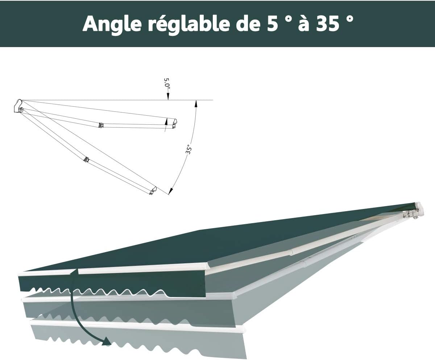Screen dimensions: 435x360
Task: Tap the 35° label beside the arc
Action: [188, 149]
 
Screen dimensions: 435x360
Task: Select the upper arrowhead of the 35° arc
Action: [196, 104]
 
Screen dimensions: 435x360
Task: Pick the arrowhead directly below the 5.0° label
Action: [168, 97]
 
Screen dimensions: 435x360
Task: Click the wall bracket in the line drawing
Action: [18, 106]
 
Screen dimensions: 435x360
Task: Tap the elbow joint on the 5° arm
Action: [101, 125]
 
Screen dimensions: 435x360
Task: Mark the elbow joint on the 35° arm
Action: [86, 159]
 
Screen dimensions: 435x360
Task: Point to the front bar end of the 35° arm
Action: [153, 191]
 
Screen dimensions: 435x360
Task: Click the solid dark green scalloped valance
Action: [112, 286]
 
